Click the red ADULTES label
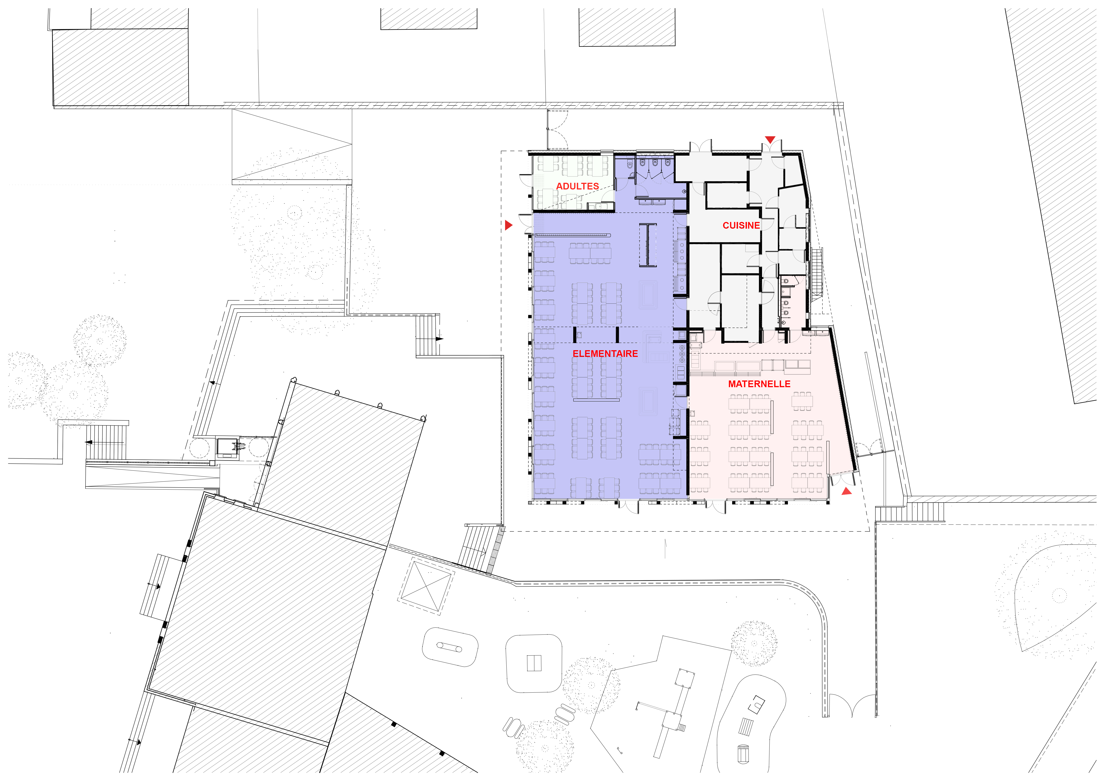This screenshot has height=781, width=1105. click(577, 186)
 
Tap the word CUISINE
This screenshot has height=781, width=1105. click(741, 225)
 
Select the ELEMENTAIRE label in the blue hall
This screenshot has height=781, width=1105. click(605, 354)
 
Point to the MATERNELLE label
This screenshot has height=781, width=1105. click(759, 384)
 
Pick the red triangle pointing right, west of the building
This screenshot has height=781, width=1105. click(509, 225)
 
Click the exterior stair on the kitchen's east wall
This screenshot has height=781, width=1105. click(817, 272)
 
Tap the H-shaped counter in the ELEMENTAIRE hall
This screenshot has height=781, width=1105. click(648, 245)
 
